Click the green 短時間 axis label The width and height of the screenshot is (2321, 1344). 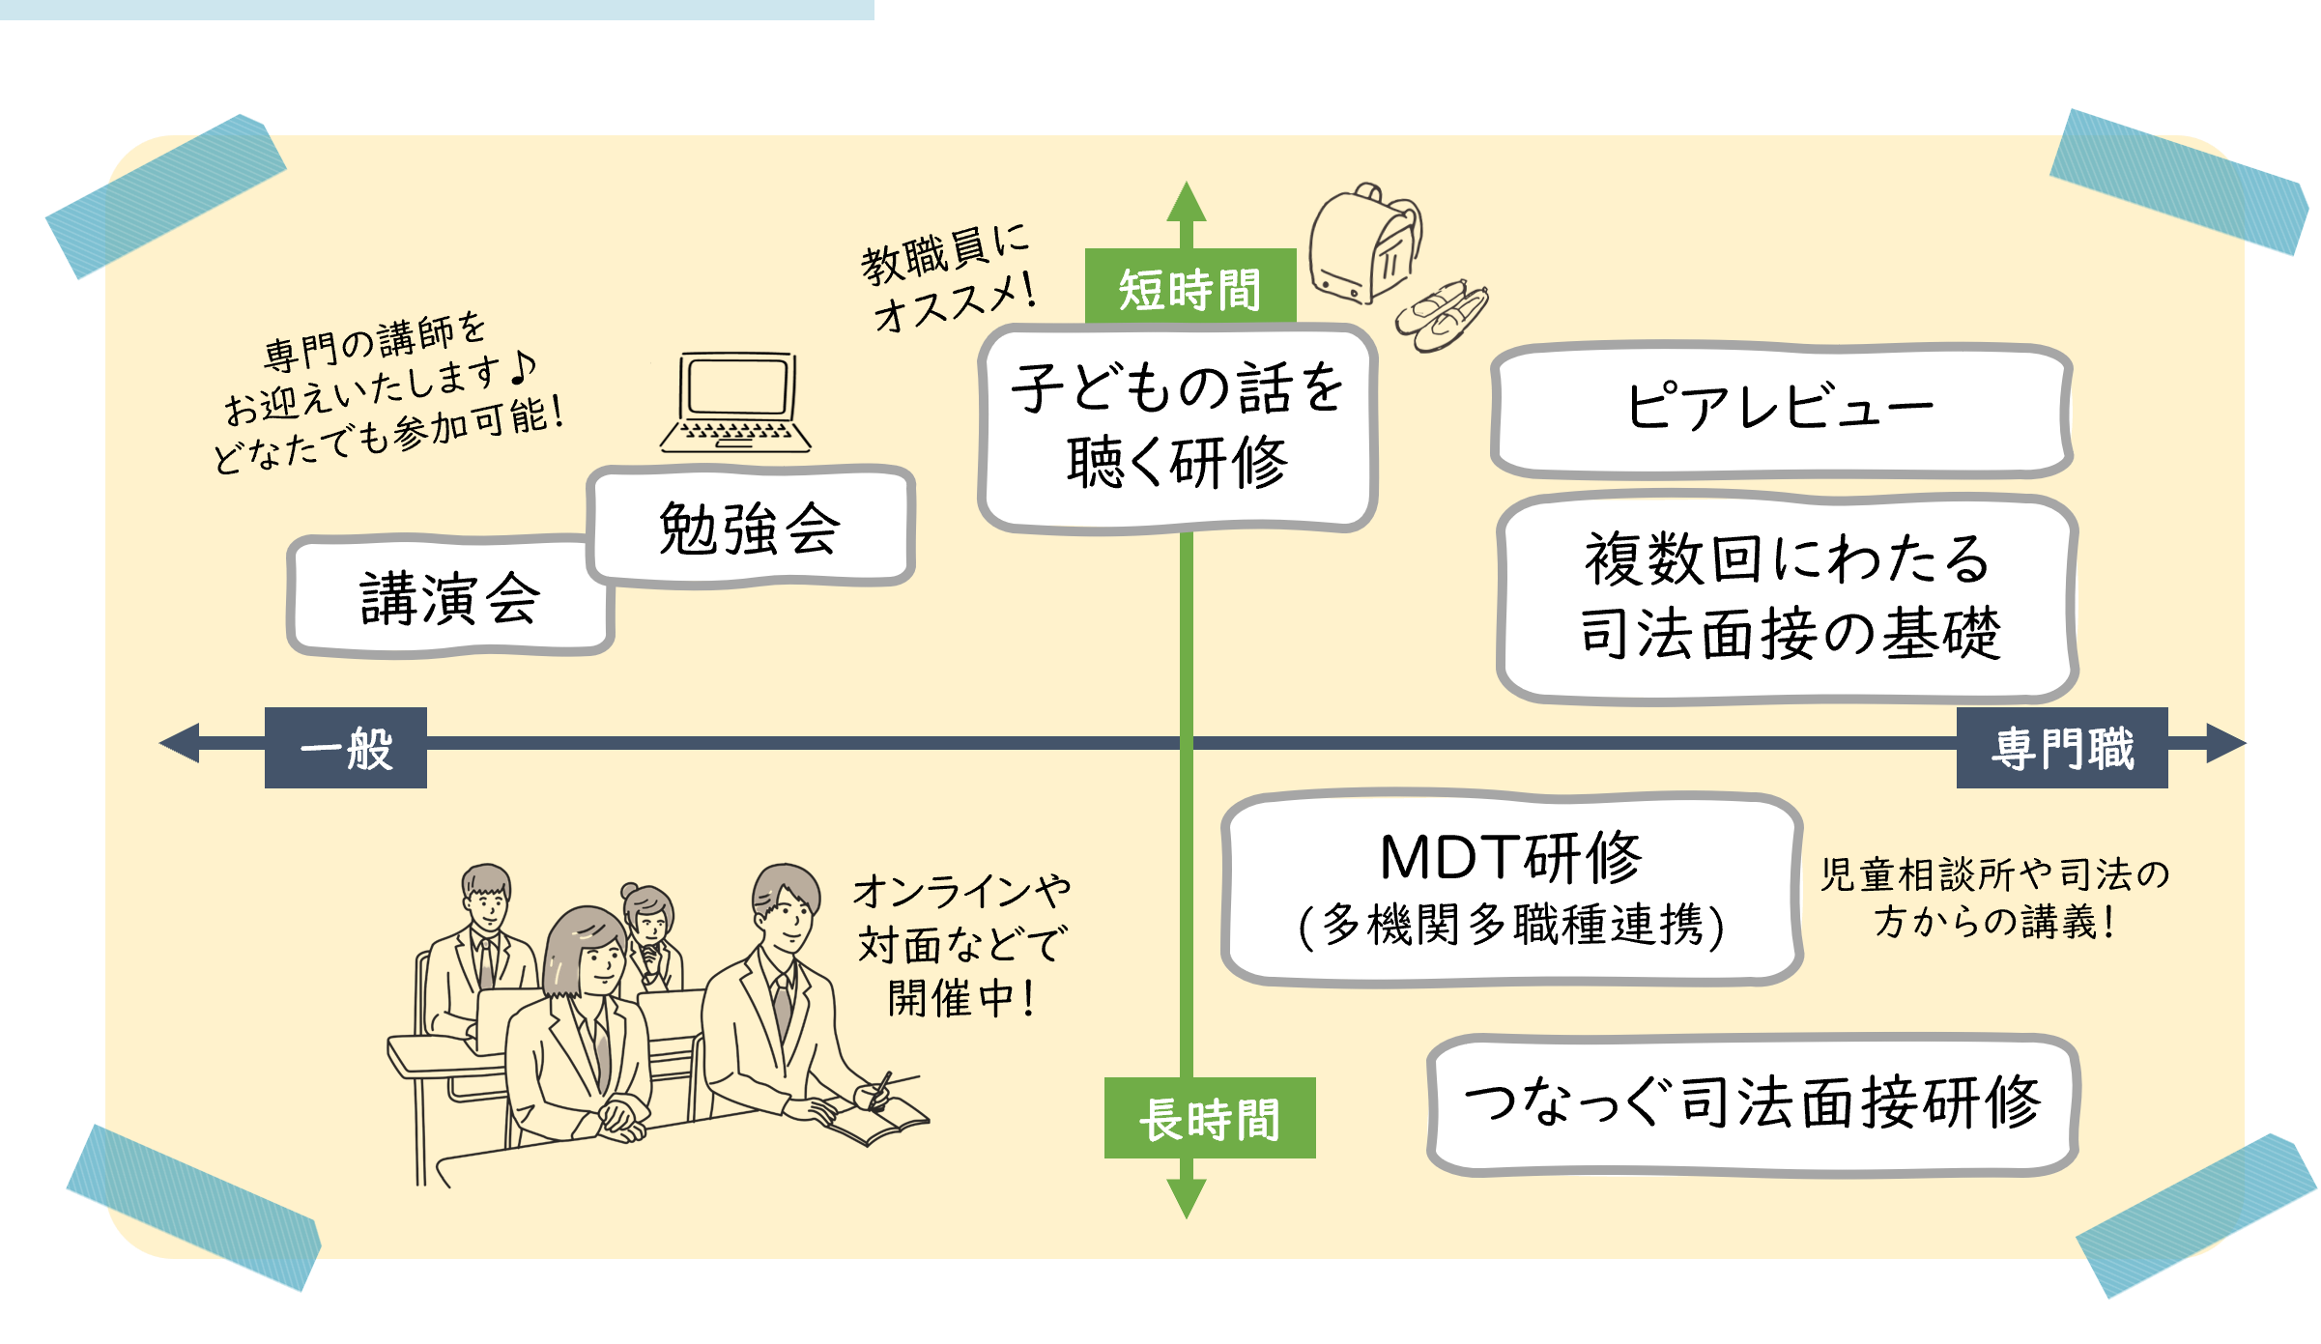(x=1189, y=287)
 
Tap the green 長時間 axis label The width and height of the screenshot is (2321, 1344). (x=1209, y=1118)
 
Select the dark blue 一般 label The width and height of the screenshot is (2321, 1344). (x=346, y=748)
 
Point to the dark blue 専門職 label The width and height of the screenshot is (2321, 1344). (x=2061, y=748)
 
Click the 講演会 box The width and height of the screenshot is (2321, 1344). (x=449, y=597)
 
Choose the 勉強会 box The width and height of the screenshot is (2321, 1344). (x=750, y=528)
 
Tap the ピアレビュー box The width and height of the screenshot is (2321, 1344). (x=1780, y=409)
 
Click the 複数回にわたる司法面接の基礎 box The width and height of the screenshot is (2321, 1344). (x=1788, y=597)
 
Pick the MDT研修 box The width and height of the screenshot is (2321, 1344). (x=1511, y=887)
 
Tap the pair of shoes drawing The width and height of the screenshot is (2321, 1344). (x=1442, y=314)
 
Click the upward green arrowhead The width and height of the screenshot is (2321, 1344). (x=1187, y=202)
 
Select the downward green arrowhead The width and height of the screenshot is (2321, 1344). (x=1187, y=1198)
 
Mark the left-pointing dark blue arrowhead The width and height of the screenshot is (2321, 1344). (x=180, y=743)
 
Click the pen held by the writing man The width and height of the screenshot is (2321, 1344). (x=880, y=1089)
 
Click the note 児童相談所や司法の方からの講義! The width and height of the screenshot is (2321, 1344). (x=1993, y=898)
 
